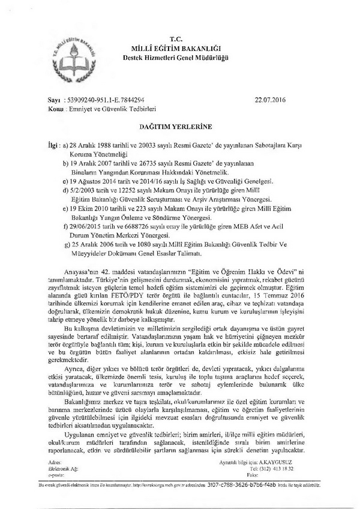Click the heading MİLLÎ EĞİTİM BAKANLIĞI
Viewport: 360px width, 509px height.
[179, 47]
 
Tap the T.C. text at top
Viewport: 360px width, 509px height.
[180, 37]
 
